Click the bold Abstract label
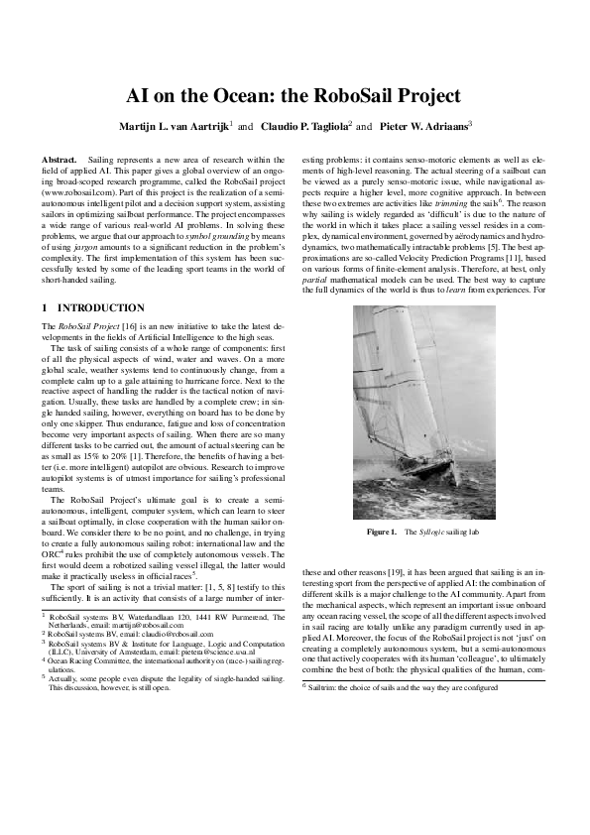59,160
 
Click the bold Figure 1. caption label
382,533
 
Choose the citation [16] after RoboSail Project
127,325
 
